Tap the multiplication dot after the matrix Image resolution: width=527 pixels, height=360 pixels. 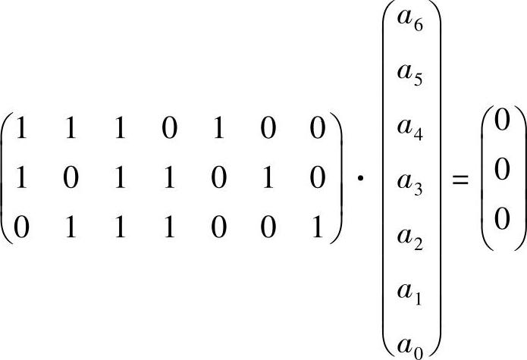tap(361, 183)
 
